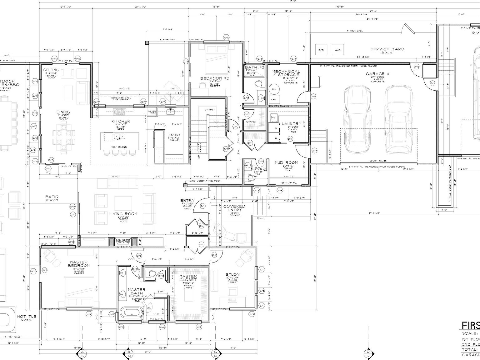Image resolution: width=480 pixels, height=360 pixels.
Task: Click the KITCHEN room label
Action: (x=121, y=121)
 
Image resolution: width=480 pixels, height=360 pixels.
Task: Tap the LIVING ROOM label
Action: (x=123, y=214)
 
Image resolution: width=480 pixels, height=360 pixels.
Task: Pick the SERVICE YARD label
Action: (x=387, y=49)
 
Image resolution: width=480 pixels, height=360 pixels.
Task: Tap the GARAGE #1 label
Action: (x=378, y=74)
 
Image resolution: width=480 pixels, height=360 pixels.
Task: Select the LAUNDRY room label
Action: (x=291, y=124)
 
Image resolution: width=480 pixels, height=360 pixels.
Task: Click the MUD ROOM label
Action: (x=286, y=163)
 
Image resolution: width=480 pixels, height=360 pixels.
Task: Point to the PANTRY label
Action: (x=174, y=135)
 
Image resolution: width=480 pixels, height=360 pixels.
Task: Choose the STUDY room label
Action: (x=233, y=275)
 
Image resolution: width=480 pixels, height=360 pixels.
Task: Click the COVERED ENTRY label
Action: (x=234, y=208)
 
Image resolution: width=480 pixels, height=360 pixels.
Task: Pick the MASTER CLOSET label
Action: (x=188, y=278)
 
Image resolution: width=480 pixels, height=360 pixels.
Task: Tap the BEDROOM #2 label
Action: (x=215, y=78)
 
